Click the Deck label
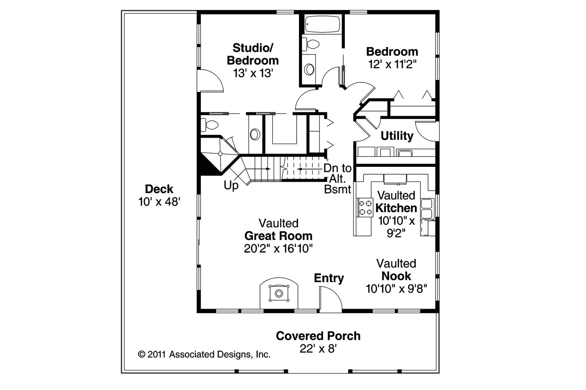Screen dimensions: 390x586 click(159, 189)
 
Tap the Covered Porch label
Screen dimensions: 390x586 click(318, 336)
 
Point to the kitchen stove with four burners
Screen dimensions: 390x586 click(364, 207)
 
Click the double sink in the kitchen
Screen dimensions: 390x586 click(427, 209)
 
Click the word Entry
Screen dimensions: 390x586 click(329, 278)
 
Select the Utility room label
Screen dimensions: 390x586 click(397, 136)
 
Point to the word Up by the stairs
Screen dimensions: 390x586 click(231, 186)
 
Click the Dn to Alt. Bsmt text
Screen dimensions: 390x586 click(337, 178)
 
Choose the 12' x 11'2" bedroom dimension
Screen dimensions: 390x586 click(392, 64)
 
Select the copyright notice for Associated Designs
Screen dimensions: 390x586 click(204, 354)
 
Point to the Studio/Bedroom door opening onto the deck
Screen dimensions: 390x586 click(211, 81)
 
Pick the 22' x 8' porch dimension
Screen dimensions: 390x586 click(318, 349)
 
